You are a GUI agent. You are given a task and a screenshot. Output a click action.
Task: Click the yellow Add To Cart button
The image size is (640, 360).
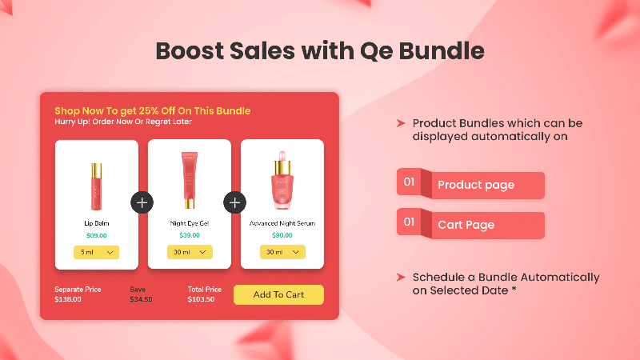pyautogui.click(x=278, y=294)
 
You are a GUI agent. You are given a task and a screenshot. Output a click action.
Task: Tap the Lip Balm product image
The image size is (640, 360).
pyautogui.click(x=96, y=186)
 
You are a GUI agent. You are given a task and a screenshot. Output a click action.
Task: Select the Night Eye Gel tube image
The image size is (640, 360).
pyautogui.click(x=190, y=180)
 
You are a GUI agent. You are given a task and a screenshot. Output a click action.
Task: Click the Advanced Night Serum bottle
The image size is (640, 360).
pyautogui.click(x=282, y=180)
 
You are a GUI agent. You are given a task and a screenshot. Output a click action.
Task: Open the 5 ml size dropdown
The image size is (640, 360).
pyautogui.click(x=96, y=252)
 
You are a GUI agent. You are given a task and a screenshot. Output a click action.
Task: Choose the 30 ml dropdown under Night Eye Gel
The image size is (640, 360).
pyautogui.click(x=190, y=252)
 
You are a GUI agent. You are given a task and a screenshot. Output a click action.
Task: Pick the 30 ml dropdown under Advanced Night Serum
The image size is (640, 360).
pyautogui.click(x=282, y=252)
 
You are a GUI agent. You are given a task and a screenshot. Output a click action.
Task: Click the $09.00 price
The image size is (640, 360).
pyautogui.click(x=96, y=235)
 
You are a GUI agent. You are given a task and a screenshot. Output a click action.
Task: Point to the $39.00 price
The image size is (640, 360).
pyautogui.click(x=190, y=235)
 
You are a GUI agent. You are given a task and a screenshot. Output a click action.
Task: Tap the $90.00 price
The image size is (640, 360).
pyautogui.click(x=282, y=235)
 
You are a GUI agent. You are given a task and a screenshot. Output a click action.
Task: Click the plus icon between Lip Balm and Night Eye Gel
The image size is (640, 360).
pyautogui.click(x=142, y=202)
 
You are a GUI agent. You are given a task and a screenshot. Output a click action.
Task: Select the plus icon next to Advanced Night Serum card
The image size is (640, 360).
pyautogui.click(x=234, y=202)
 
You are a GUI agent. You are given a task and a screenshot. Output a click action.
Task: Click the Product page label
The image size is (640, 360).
pyautogui.click(x=476, y=185)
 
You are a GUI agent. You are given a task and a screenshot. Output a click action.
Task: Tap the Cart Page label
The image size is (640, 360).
pyautogui.click(x=466, y=225)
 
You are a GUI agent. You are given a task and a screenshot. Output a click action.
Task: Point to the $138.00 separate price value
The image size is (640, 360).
pyautogui.click(x=68, y=299)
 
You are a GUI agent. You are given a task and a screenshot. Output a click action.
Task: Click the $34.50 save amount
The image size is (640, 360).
pyautogui.click(x=141, y=299)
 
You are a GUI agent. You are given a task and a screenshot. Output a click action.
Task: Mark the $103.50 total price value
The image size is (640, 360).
pyautogui.click(x=201, y=299)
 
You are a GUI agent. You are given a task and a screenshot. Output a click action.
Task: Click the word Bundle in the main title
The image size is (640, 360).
pyautogui.click(x=442, y=51)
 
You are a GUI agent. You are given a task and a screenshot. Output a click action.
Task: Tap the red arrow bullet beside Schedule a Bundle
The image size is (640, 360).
pyautogui.click(x=401, y=278)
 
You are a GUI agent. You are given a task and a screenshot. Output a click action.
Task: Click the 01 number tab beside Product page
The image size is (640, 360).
pyautogui.click(x=409, y=182)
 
